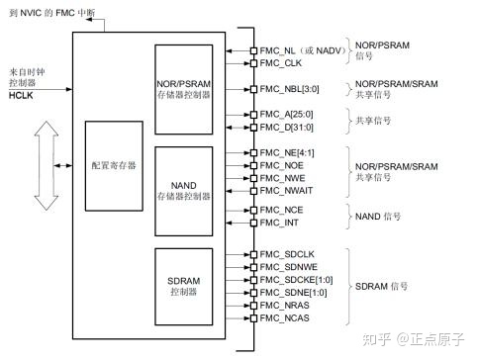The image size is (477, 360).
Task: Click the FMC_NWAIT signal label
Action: (288, 191)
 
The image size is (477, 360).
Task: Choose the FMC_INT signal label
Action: (279, 224)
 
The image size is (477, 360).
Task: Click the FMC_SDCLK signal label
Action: (287, 255)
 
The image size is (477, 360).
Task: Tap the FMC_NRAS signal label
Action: (285, 307)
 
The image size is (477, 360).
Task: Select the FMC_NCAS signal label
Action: (285, 319)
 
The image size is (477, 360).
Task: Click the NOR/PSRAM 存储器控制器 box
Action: (183, 88)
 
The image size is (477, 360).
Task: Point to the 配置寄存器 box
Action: (114, 166)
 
